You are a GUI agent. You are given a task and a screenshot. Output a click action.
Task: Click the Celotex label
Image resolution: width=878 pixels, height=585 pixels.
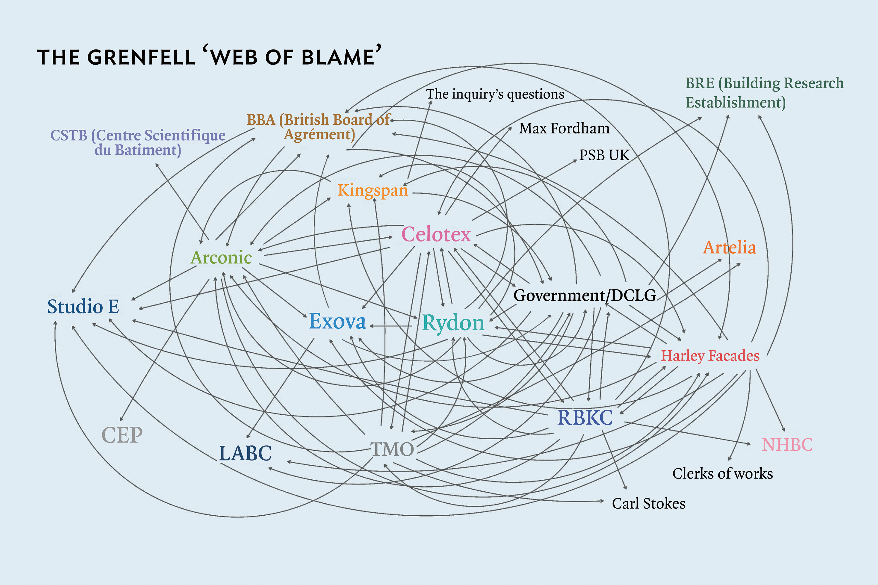pyautogui.click(x=436, y=235)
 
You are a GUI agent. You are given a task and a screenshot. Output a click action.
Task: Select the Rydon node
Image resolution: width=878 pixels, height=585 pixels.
pyautogui.click(x=453, y=323)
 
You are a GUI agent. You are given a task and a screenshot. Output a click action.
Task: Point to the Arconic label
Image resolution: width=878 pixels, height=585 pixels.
pyautogui.click(x=221, y=258)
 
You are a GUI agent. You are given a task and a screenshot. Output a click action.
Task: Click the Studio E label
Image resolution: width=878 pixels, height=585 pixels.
pyautogui.click(x=83, y=307)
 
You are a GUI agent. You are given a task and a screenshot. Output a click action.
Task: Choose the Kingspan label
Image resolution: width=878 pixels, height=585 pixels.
pyautogui.click(x=372, y=190)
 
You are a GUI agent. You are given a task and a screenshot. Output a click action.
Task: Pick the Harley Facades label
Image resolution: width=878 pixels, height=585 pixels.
pyautogui.click(x=710, y=356)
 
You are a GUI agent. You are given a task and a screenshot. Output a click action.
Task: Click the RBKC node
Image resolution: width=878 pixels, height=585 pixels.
pyautogui.click(x=585, y=417)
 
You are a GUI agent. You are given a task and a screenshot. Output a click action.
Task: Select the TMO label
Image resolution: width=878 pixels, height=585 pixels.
pyautogui.click(x=392, y=449)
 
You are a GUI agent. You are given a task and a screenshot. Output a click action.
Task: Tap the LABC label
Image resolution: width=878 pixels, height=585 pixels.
pyautogui.click(x=245, y=454)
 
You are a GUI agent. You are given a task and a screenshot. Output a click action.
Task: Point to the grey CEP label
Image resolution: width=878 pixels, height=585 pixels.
pyautogui.click(x=122, y=435)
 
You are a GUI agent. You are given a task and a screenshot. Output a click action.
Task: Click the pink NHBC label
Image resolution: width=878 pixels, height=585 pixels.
pyautogui.click(x=787, y=444)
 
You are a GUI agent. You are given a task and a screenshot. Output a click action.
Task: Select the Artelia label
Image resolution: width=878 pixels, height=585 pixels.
pyautogui.click(x=730, y=247)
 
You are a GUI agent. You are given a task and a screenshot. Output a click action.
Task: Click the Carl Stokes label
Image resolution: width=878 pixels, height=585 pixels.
pyautogui.click(x=649, y=504)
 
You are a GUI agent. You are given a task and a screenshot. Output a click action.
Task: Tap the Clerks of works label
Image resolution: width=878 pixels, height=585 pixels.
pyautogui.click(x=722, y=474)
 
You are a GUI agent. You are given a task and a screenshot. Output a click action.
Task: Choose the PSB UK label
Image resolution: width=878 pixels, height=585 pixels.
pyautogui.click(x=604, y=155)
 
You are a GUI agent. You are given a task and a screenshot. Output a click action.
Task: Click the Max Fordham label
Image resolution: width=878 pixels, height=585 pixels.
pyautogui.click(x=564, y=128)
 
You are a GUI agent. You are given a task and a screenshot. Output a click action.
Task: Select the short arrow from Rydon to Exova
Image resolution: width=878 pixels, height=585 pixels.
pyautogui.click(x=391, y=326)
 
